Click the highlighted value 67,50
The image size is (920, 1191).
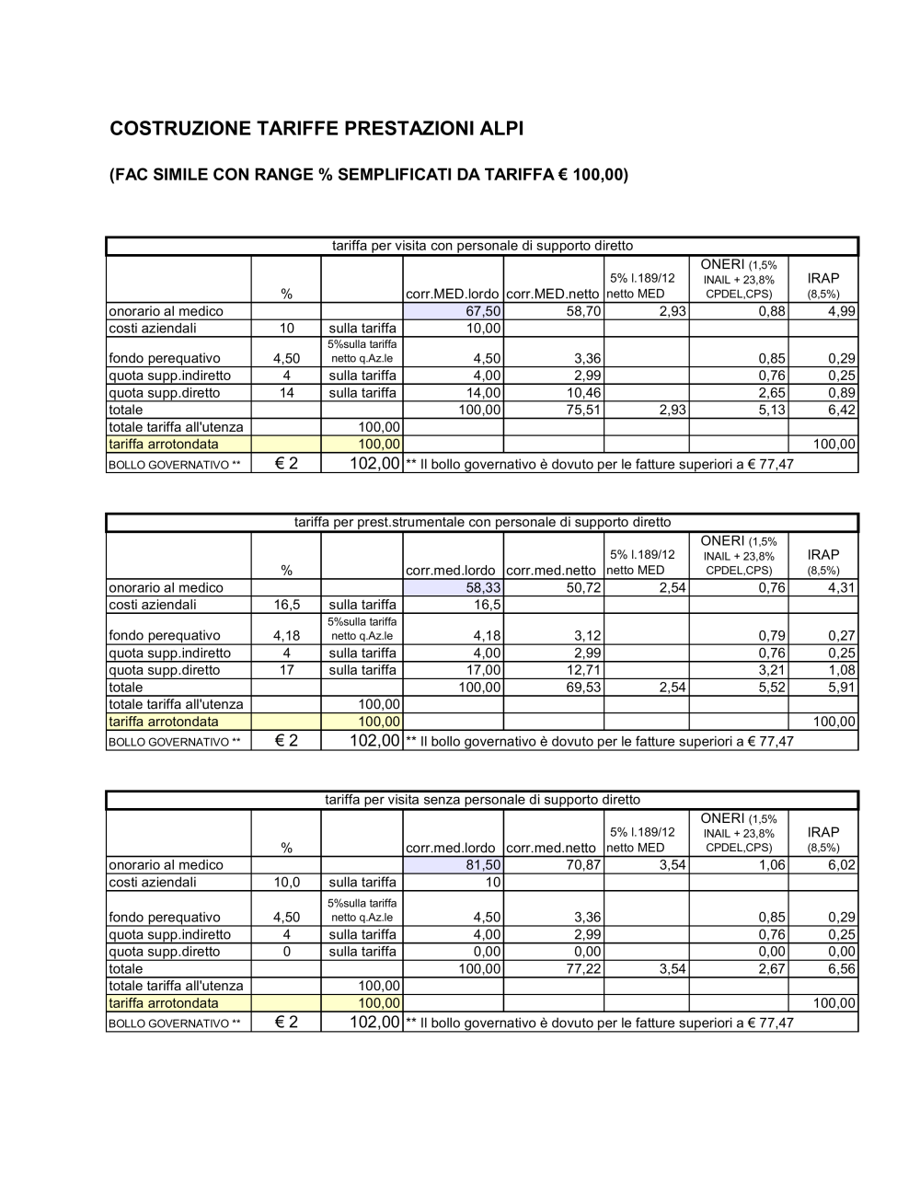pos(483,311)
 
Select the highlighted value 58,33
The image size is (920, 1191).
pos(483,587)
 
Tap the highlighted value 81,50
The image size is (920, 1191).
pos(483,865)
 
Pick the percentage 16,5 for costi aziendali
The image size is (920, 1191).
pos(286,605)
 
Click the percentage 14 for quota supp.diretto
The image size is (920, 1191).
pos(286,393)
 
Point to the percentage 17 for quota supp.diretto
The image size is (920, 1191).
pos(286,670)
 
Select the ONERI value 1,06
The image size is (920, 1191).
pos(771,865)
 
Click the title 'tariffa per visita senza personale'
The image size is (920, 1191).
pos(482,800)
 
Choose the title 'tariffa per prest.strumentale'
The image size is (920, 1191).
pos(482,522)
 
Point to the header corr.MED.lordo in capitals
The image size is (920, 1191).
pos(452,295)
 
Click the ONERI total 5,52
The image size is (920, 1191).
pos(771,688)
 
